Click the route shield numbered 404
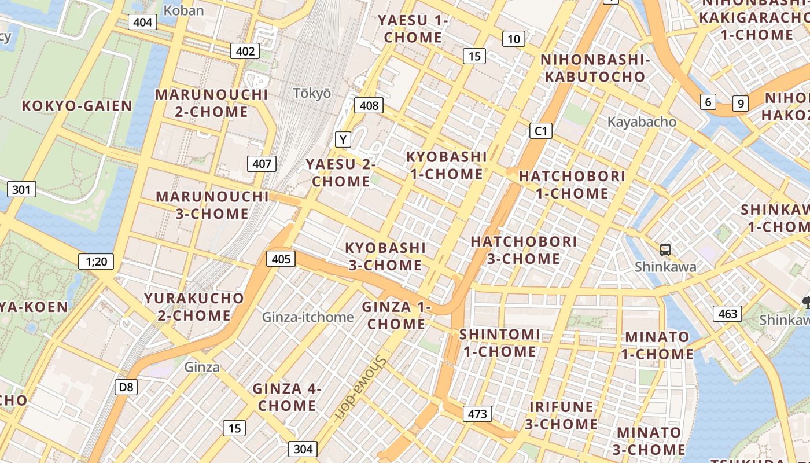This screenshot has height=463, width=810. click(142, 23)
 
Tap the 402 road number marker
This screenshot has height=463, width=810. click(245, 51)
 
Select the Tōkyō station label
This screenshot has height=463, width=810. click(312, 93)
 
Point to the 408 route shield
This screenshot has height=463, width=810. click(369, 105)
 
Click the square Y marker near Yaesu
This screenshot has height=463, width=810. click(344, 139)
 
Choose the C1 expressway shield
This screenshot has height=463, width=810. click(540, 131)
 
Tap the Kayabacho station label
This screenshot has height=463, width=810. click(642, 122)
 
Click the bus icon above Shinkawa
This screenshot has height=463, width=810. click(665, 250)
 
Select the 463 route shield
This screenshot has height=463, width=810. click(727, 314)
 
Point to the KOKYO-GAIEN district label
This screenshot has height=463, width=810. click(77, 106)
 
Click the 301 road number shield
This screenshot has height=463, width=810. click(21, 189)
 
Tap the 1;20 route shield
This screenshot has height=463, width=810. click(96, 262)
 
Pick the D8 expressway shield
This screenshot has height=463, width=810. click(126, 387)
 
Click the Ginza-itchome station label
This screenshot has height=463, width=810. click(307, 317)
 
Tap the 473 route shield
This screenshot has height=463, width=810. click(477, 414)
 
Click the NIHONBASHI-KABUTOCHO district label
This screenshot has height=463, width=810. click(592, 68)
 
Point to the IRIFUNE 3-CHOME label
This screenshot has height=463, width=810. click(561, 416)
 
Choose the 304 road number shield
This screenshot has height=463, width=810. click(303, 449)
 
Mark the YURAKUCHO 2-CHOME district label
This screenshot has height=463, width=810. click(194, 307)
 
